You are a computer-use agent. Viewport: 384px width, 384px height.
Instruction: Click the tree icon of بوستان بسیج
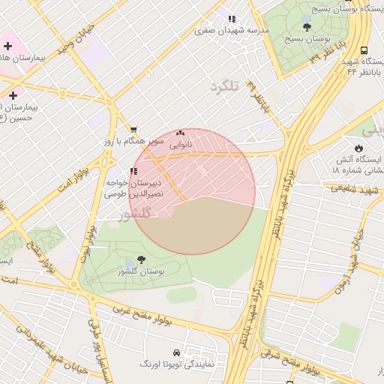[x=307, y=25]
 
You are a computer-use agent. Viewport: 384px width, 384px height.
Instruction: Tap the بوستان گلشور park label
[x=141, y=271]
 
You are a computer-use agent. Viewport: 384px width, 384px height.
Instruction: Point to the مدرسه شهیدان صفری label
[x=231, y=30]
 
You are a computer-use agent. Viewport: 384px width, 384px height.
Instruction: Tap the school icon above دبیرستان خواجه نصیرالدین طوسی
[x=133, y=171]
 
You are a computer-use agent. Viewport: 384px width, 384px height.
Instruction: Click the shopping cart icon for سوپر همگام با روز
[x=133, y=130]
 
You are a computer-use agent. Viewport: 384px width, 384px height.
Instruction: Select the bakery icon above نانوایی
[x=180, y=133]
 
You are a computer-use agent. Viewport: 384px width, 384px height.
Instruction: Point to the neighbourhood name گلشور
[x=135, y=213]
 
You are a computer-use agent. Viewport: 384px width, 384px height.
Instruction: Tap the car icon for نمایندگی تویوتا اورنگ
[x=176, y=352]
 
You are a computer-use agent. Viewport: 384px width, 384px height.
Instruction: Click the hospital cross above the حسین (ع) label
[x=13, y=95]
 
